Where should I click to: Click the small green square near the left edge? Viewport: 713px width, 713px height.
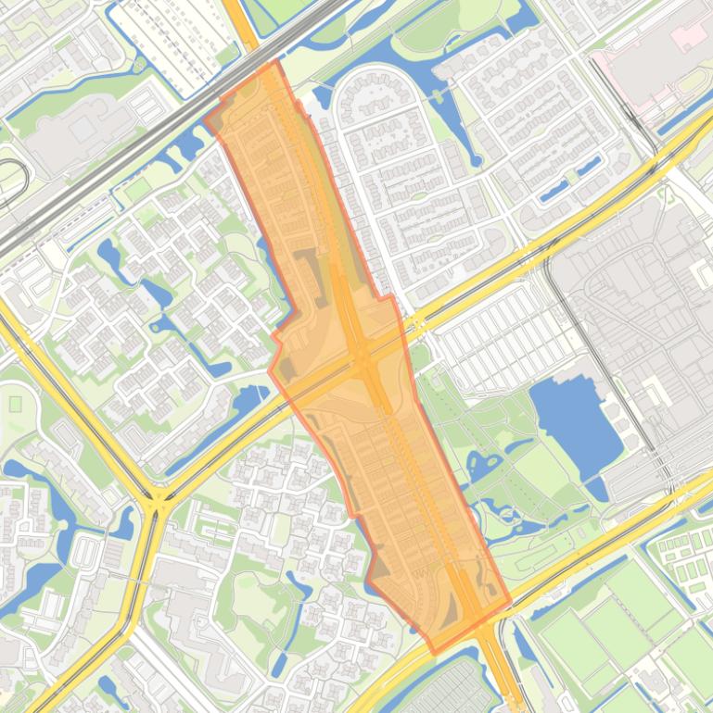coord(15,404)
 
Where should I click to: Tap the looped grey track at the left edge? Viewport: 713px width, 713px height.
coord(11,181)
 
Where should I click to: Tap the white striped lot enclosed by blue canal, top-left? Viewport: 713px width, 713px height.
coord(172,37)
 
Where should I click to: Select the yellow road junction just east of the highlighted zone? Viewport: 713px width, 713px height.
coord(414,324)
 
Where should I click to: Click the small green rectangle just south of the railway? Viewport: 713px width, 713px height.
coord(137,190)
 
